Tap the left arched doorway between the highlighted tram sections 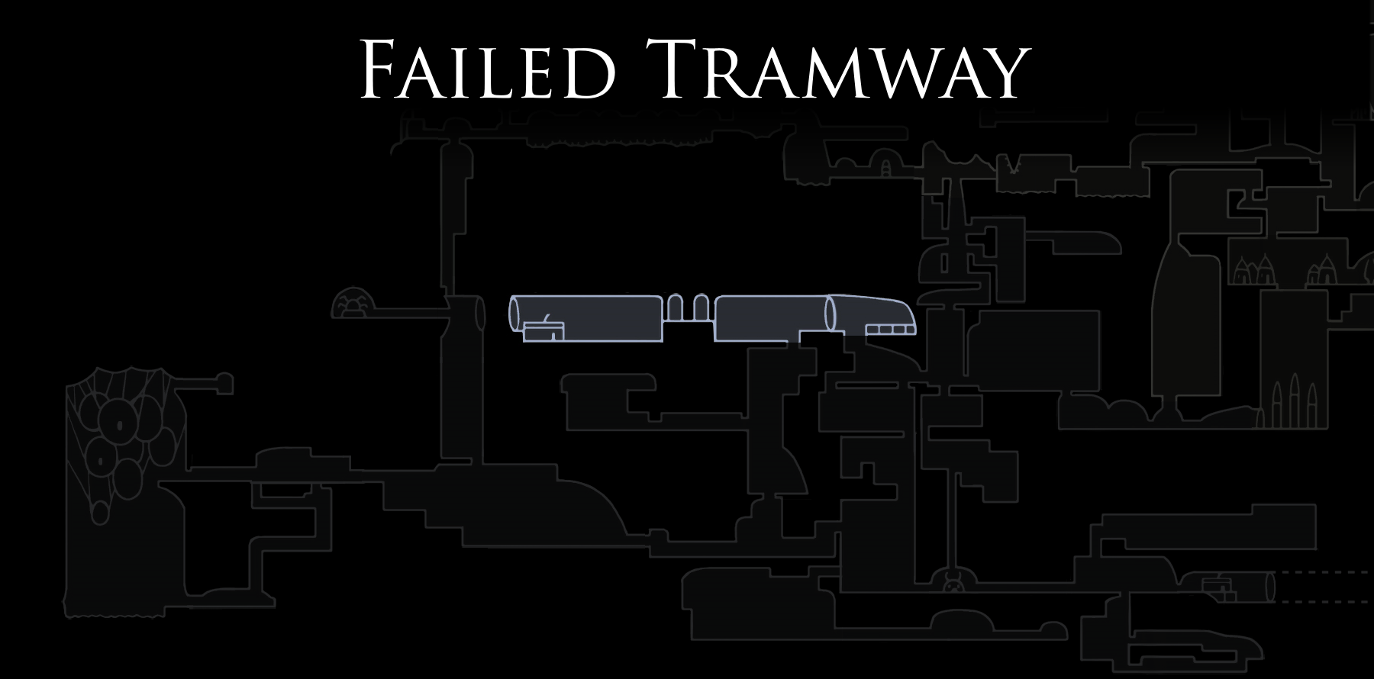pos(676,307)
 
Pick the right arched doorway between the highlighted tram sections pos(701,307)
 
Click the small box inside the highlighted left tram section pos(543,331)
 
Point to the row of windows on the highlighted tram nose pos(889,330)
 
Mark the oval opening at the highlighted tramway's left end pos(514,314)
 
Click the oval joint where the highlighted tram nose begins pos(831,314)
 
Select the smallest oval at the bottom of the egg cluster pos(100,513)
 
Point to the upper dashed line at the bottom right pos(1324,571)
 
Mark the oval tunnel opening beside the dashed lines pos(1270,587)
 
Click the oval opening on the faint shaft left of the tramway pos(480,313)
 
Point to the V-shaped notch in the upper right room pos(1014,165)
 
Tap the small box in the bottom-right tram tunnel pos(1218,587)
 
